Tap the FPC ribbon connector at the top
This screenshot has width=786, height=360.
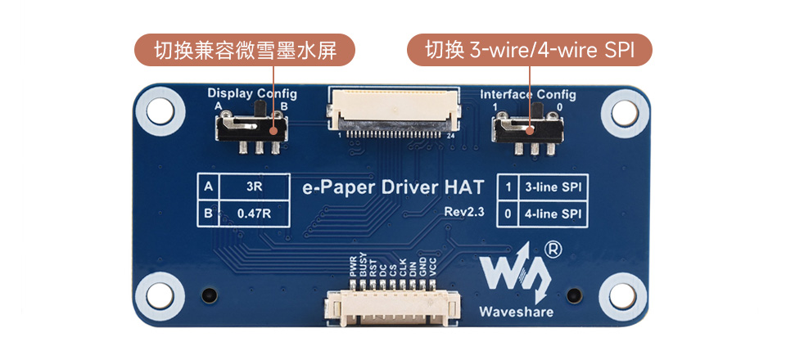click(392, 110)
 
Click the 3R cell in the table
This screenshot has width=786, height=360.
click(254, 187)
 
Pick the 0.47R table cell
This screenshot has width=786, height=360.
click(254, 214)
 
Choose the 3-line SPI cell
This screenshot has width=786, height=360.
click(553, 187)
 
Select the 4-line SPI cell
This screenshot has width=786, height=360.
click(553, 214)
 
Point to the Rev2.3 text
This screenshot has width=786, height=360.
click(464, 212)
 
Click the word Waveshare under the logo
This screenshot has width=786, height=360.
click(516, 311)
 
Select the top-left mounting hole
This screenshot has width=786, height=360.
click(157, 113)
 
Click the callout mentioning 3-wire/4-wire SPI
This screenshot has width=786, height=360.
click(530, 51)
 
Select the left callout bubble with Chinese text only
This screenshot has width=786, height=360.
click(245, 51)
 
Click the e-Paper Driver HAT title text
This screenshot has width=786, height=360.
click(394, 187)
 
